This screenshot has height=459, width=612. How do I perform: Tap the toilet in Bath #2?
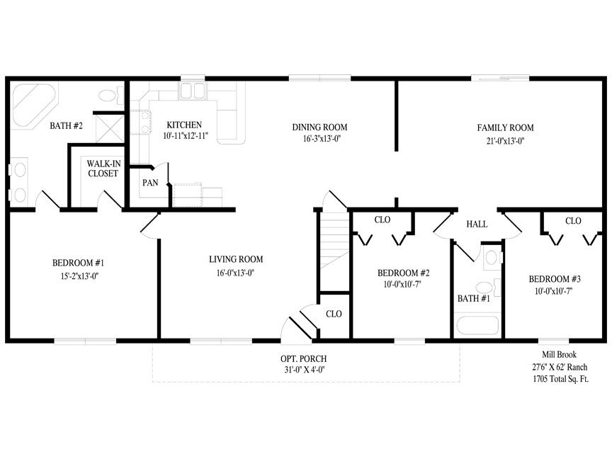(x=110, y=96)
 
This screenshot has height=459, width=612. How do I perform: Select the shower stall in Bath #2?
(x=110, y=128)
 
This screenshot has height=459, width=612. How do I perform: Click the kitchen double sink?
(x=192, y=91)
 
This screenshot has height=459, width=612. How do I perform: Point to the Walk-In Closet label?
(x=103, y=169)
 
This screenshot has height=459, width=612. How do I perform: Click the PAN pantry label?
(x=150, y=183)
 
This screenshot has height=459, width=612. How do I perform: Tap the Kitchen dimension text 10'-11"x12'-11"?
(x=186, y=136)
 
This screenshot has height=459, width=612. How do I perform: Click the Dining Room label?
(x=319, y=127)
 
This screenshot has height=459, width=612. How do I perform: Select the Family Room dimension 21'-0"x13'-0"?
(x=505, y=141)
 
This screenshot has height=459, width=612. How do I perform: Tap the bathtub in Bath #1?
(x=477, y=326)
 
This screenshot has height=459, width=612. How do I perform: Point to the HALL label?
(x=477, y=224)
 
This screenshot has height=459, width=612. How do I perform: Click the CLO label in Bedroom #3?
(x=573, y=221)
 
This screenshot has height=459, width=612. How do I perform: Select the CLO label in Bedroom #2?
(x=382, y=220)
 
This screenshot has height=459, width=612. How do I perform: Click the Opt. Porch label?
(x=304, y=358)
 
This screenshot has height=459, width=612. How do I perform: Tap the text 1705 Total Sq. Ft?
(x=561, y=378)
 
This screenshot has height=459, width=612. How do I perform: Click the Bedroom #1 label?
(x=79, y=263)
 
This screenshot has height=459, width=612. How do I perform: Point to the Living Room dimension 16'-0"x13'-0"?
(x=236, y=273)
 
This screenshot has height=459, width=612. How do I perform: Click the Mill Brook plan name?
(x=560, y=354)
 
